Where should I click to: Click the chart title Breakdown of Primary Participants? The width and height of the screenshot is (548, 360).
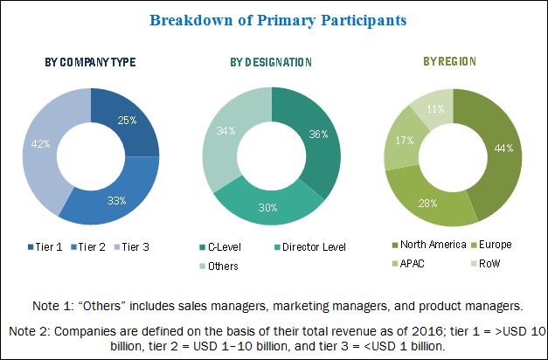point(273,19)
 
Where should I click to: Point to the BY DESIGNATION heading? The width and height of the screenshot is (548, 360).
point(271,62)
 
